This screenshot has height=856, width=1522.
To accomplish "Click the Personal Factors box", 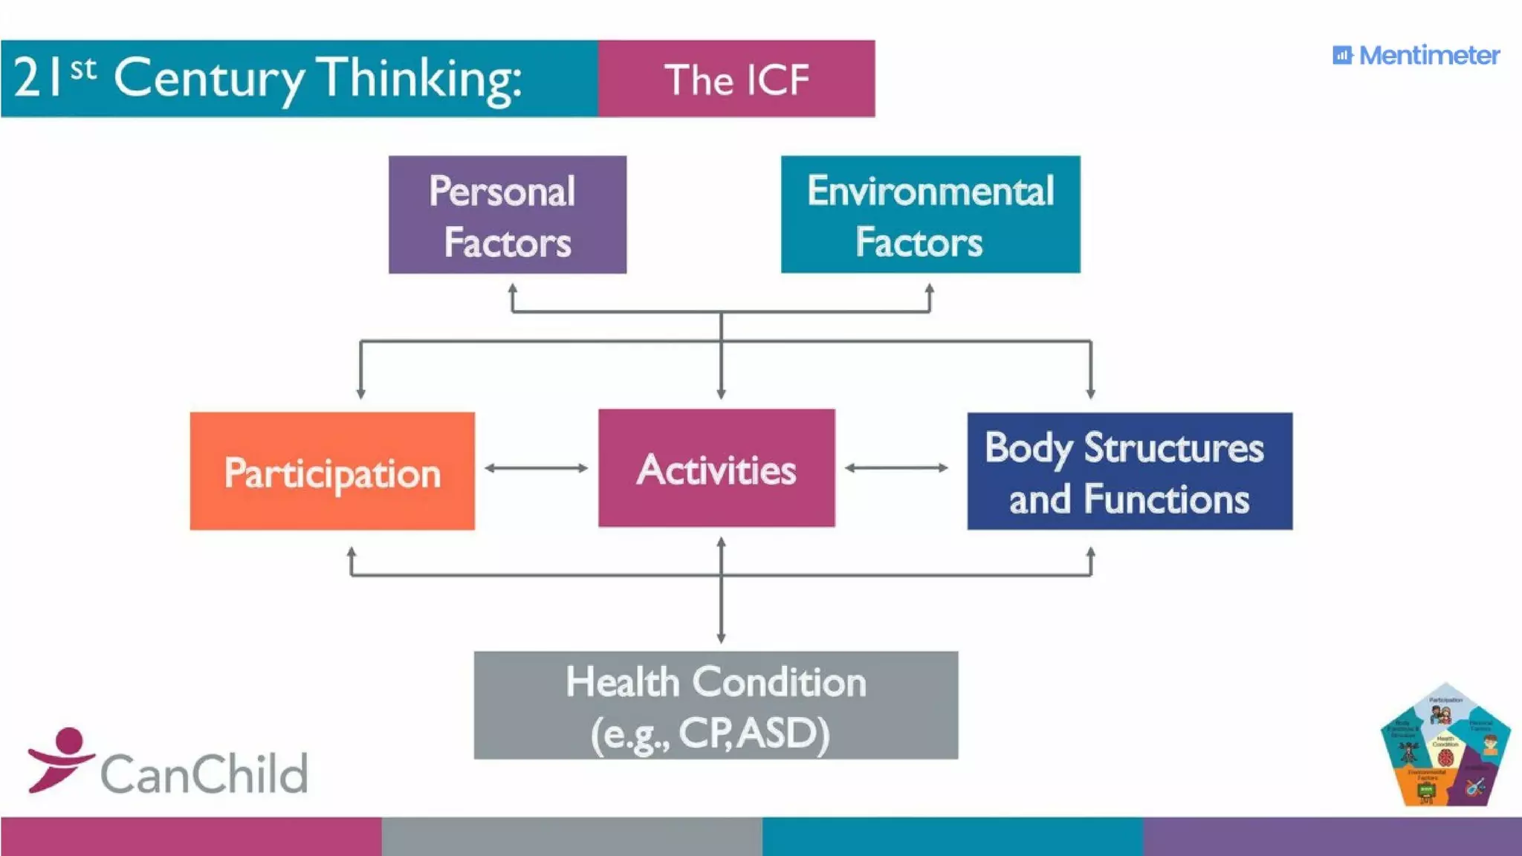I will pyautogui.click(x=507, y=215).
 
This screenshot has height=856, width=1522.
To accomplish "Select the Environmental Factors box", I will pyautogui.click(x=930, y=215).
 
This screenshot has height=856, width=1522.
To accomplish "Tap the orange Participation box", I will pyautogui.click(x=332, y=471).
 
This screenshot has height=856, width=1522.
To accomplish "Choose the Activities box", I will pyautogui.click(x=716, y=468).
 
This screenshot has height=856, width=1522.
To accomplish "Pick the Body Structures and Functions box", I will pyautogui.click(x=1130, y=471).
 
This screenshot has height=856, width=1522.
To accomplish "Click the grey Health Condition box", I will pyautogui.click(x=716, y=705).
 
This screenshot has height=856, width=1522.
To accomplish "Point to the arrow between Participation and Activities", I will pyautogui.click(x=536, y=468).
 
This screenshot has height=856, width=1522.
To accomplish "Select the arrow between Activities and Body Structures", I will pyautogui.click(x=897, y=468).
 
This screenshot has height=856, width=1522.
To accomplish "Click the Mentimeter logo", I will pyautogui.click(x=1416, y=56).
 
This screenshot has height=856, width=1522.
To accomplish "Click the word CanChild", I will pyautogui.click(x=204, y=774).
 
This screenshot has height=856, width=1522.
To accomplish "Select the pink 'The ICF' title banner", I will pyautogui.click(x=736, y=79).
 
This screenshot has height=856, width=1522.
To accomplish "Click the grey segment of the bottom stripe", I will pyautogui.click(x=571, y=837).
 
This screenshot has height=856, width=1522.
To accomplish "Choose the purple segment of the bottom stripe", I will pyautogui.click(x=1332, y=837).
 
